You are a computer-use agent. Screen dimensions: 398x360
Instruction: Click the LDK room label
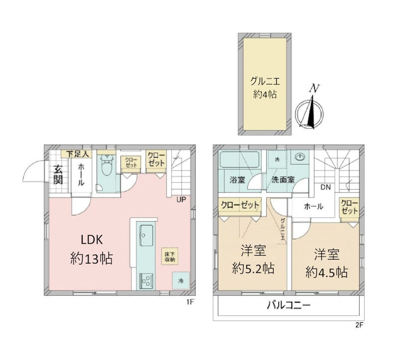coord(92,240)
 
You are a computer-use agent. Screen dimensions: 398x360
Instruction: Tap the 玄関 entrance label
coord(58,175)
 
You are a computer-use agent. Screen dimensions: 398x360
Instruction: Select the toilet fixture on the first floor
coord(106,165)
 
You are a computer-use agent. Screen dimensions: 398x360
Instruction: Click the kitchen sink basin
coord(146,235)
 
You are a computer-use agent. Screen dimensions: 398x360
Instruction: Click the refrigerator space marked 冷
coord(181,281)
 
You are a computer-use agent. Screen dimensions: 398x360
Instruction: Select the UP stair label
coord(181,200)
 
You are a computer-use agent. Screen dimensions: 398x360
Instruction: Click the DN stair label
coord(326,187)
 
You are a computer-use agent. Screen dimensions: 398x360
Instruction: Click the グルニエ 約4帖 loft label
coord(265,88)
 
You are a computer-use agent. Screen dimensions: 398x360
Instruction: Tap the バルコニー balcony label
coord(289,305)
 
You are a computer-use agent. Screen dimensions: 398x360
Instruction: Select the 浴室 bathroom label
coord(237,180)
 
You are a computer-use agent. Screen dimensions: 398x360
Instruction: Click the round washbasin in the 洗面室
coord(300,157)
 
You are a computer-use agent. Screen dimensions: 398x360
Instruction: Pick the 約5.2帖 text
coord(253,269)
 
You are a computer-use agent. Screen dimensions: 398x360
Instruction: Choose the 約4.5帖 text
coord(327,272)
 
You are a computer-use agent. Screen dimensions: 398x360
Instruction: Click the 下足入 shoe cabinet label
coord(78,154)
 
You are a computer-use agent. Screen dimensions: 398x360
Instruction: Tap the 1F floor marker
coord(190,302)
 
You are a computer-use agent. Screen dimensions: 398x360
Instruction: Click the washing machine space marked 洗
coord(278,160)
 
